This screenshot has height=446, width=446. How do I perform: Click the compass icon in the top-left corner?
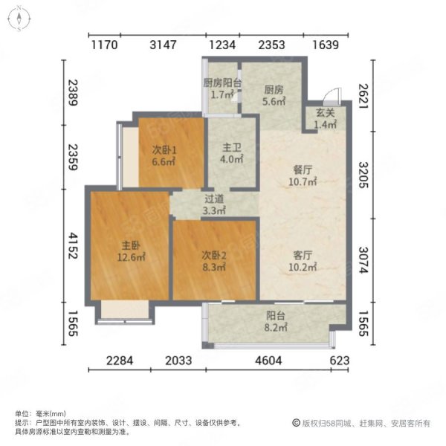(17, 19)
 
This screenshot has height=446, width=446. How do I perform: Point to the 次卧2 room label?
(212, 255)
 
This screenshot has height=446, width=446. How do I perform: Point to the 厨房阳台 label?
(223, 83)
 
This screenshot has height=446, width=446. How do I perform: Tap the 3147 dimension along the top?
(164, 45)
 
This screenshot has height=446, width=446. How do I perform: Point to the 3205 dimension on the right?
(362, 175)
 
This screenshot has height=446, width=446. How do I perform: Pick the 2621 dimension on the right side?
(362, 97)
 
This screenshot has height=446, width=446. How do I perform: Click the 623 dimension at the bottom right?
(340, 361)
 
